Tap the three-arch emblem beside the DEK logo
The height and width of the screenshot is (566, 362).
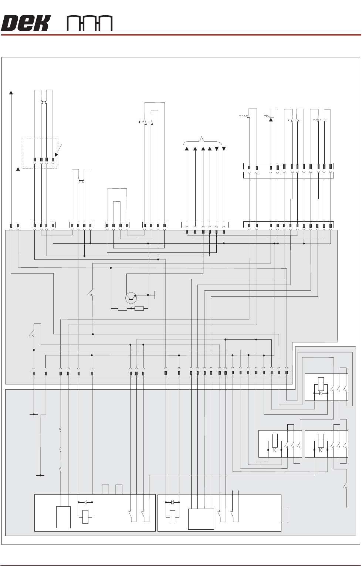click(89, 23)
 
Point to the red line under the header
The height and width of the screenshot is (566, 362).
click(181, 35)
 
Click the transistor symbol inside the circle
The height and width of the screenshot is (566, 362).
click(131, 297)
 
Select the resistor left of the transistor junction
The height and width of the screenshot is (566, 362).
click(122, 308)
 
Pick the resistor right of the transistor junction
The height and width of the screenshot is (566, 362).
click(139, 308)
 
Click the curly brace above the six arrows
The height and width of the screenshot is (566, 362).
click(203, 141)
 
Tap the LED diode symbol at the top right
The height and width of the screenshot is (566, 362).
click(271, 119)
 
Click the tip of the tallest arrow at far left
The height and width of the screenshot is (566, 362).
click(11, 92)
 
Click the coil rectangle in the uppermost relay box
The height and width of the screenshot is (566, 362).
click(320, 383)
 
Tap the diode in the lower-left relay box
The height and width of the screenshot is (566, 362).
click(274, 450)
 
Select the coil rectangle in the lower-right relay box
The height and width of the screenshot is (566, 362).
click(320, 440)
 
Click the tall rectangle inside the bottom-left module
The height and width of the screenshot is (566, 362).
click(63, 517)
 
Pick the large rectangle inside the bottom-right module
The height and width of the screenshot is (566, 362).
click(201, 519)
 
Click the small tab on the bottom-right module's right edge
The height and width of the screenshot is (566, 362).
click(284, 515)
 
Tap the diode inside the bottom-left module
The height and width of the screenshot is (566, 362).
click(85, 502)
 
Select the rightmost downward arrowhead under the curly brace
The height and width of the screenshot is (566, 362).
click(224, 149)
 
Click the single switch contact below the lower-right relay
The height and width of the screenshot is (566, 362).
click(345, 486)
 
